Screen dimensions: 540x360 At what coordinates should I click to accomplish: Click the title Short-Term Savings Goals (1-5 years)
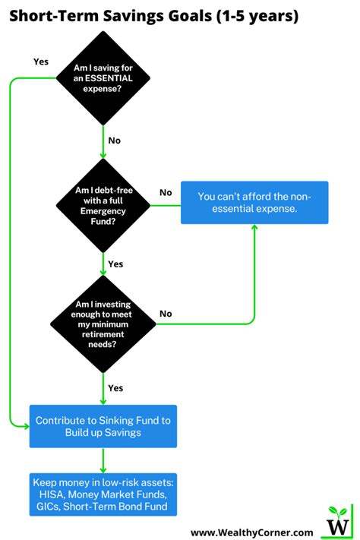click(x=153, y=16)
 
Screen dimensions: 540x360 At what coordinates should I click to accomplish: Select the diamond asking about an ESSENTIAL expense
click(x=103, y=80)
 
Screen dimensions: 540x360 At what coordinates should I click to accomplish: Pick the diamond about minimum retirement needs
click(x=103, y=324)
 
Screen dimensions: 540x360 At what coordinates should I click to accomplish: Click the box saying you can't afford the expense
click(x=254, y=202)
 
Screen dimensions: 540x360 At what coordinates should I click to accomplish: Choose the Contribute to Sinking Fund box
click(x=103, y=425)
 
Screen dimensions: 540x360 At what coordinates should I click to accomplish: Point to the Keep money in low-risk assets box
click(x=103, y=494)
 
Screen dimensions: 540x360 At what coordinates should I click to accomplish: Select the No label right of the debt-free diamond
click(x=166, y=193)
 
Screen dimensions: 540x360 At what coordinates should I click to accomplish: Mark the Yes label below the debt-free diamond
click(x=116, y=264)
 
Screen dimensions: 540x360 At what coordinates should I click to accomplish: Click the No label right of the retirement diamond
click(x=166, y=313)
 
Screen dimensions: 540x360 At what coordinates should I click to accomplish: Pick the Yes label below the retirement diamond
click(x=116, y=387)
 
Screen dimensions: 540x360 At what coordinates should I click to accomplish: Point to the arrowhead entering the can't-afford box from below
click(x=254, y=228)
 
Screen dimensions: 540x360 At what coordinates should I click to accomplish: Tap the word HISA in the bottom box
click(x=49, y=494)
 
